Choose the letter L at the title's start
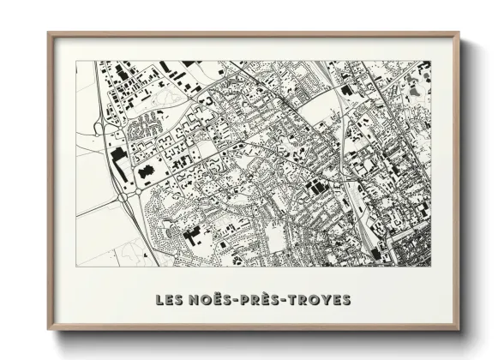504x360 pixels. pyautogui.click(x=159, y=300)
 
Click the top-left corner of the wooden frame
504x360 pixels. pyautogui.click(x=49, y=33)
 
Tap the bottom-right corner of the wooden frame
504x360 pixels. pyautogui.click(x=459, y=330)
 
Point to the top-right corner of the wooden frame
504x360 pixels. pyautogui.click(x=459, y=33)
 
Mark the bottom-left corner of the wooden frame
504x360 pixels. pyautogui.click(x=49, y=330)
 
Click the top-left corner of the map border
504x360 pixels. pyautogui.click(x=76, y=61)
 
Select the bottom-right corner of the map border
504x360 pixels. pyautogui.click(x=431, y=267)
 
